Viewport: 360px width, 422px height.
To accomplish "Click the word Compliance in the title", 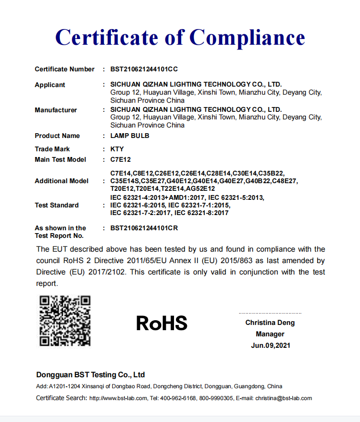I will point(247,37).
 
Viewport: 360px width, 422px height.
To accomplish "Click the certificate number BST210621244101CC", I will point(144,69).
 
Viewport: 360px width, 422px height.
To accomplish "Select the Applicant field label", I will point(50,85).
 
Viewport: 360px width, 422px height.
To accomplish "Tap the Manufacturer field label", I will point(56,110).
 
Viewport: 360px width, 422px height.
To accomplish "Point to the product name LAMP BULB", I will point(130,136).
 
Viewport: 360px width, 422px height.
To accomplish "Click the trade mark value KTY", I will point(117,149).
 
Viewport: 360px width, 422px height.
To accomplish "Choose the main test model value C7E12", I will point(120,159).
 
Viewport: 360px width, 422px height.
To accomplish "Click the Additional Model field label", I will point(61,181).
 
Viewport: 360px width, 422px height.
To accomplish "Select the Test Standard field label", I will point(57,205).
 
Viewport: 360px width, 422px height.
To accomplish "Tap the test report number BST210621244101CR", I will point(144,228).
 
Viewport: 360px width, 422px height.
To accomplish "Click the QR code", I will point(65,321).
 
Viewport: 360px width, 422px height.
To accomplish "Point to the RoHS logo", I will point(162,323).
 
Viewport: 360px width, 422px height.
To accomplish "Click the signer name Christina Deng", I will point(270,323).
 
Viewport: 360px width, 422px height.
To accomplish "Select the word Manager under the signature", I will point(270,334).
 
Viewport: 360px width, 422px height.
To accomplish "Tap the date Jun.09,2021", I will point(270,345).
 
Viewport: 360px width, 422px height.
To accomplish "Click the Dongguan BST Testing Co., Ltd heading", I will point(90,374).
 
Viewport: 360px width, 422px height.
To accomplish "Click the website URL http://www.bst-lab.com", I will point(118,398).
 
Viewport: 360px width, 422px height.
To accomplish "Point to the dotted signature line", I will point(270,313).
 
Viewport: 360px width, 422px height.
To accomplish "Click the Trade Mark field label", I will point(52,149).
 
